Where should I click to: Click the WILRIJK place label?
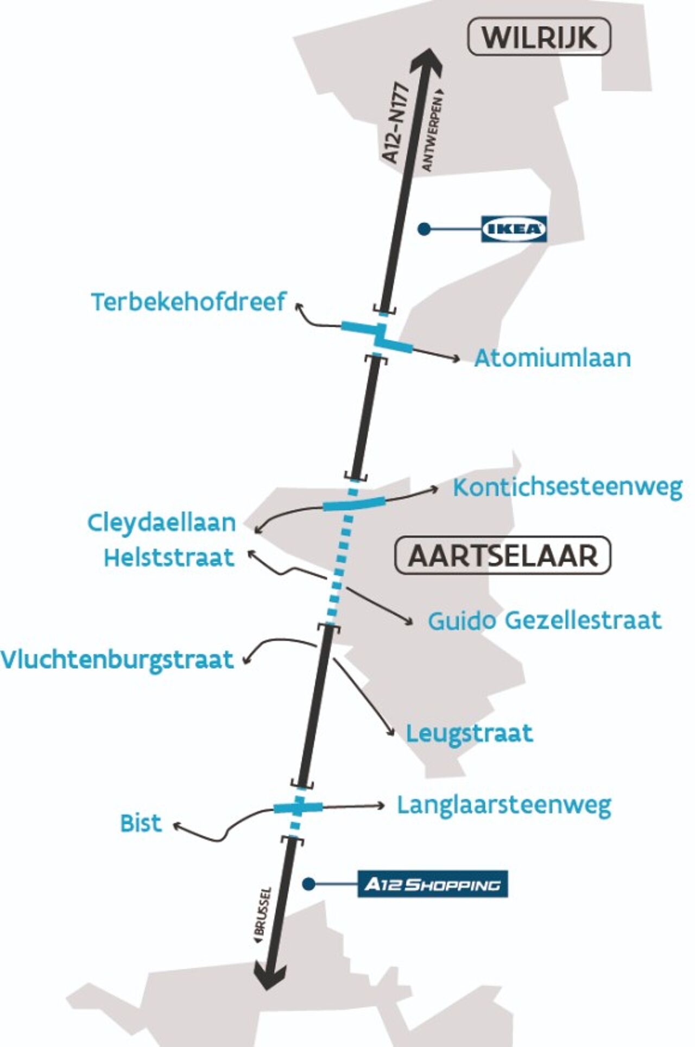(539, 37)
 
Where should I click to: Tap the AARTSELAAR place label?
(503, 556)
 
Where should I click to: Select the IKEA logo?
(514, 229)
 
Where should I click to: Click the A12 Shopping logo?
(432, 884)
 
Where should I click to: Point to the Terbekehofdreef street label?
(188, 302)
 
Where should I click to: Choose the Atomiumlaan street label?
(552, 358)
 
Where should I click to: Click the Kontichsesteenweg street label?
(567, 487)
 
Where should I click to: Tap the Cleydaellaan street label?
(161, 523)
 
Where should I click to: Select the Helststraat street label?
(169, 557)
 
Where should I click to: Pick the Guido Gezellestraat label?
(545, 620)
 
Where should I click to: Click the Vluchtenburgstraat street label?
(117, 660)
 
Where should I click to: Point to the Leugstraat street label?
(469, 733)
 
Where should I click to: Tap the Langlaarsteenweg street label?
(504, 805)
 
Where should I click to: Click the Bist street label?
(141, 823)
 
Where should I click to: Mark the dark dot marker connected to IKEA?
(424, 229)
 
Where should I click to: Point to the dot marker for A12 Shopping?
(309, 884)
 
